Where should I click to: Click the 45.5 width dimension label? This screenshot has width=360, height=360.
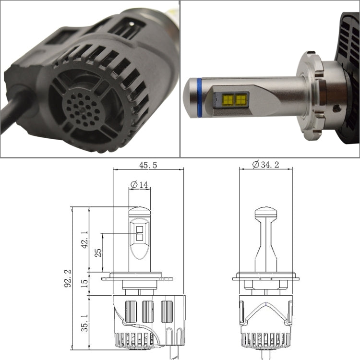point(148,165)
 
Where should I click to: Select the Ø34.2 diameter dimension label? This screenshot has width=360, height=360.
point(265,165)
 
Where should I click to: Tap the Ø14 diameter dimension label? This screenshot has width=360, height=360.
point(139,185)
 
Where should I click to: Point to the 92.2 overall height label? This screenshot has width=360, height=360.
point(68,278)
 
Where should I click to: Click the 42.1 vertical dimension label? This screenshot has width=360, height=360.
point(84,240)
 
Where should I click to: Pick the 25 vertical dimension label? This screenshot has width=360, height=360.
point(98,253)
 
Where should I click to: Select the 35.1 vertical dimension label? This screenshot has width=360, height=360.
point(84,323)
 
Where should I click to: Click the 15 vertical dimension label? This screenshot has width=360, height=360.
point(84,284)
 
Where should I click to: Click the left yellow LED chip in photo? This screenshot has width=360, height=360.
point(228,99)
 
